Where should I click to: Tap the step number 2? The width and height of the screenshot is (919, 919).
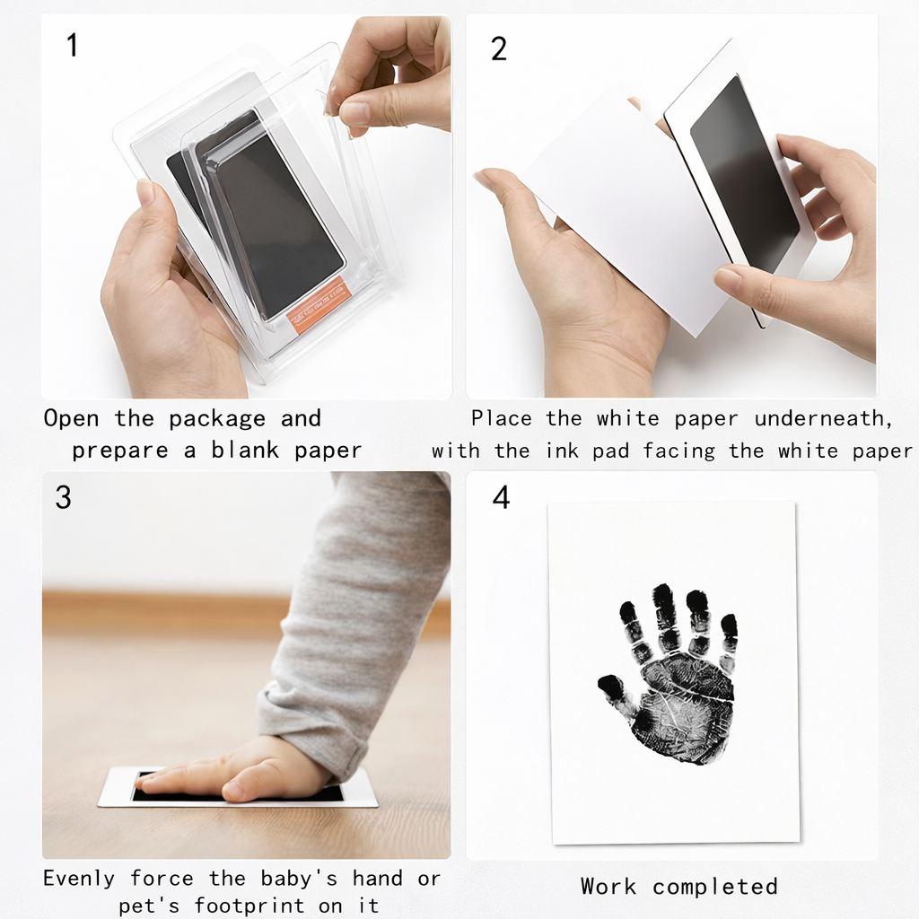[x=499, y=48]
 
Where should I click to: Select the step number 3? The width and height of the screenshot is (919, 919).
[x=63, y=498]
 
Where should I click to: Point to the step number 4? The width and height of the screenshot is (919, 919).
[x=501, y=497]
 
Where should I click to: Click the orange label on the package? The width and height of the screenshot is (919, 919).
[x=319, y=306]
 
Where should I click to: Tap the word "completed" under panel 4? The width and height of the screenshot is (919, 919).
[x=714, y=887]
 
